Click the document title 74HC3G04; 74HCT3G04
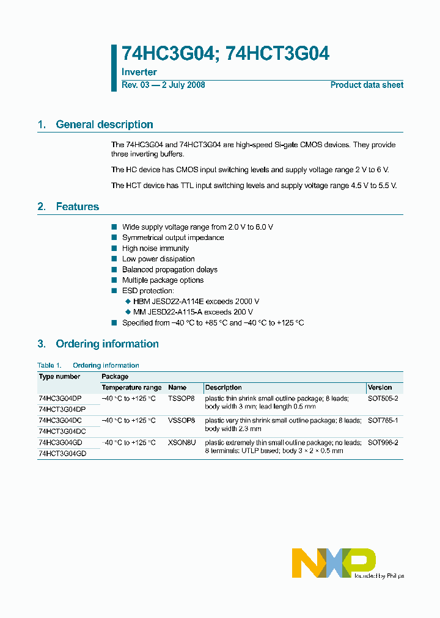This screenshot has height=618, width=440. pyautogui.click(x=226, y=54)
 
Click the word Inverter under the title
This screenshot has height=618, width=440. pyautogui.click(x=139, y=72)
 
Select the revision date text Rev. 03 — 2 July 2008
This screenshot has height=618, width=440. pyautogui.click(x=163, y=85)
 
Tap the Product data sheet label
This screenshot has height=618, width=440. pyautogui.click(x=367, y=85)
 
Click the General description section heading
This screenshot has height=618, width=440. pyautogui.click(x=104, y=125)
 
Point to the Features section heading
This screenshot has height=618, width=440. pyautogui.click(x=77, y=206)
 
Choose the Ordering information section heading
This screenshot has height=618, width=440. pyautogui.click(x=107, y=344)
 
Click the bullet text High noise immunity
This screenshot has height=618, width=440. pyautogui.click(x=155, y=249)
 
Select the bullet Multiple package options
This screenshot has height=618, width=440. pyautogui.click(x=163, y=280)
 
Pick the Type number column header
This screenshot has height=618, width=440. pyautogui.click(x=59, y=377)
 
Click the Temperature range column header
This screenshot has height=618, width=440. pyautogui.click(x=131, y=388)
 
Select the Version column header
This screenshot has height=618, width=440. pyautogui.click(x=380, y=388)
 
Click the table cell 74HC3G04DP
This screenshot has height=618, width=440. pyautogui.click(x=60, y=398)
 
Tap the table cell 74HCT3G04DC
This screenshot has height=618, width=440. pyautogui.click(x=62, y=431)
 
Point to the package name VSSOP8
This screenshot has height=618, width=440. pyautogui.click(x=181, y=420)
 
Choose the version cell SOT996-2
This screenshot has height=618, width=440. pyautogui.click(x=383, y=442)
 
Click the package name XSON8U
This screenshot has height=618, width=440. pyautogui.click(x=182, y=442)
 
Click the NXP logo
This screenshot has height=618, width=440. pyautogui.click(x=334, y=562)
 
